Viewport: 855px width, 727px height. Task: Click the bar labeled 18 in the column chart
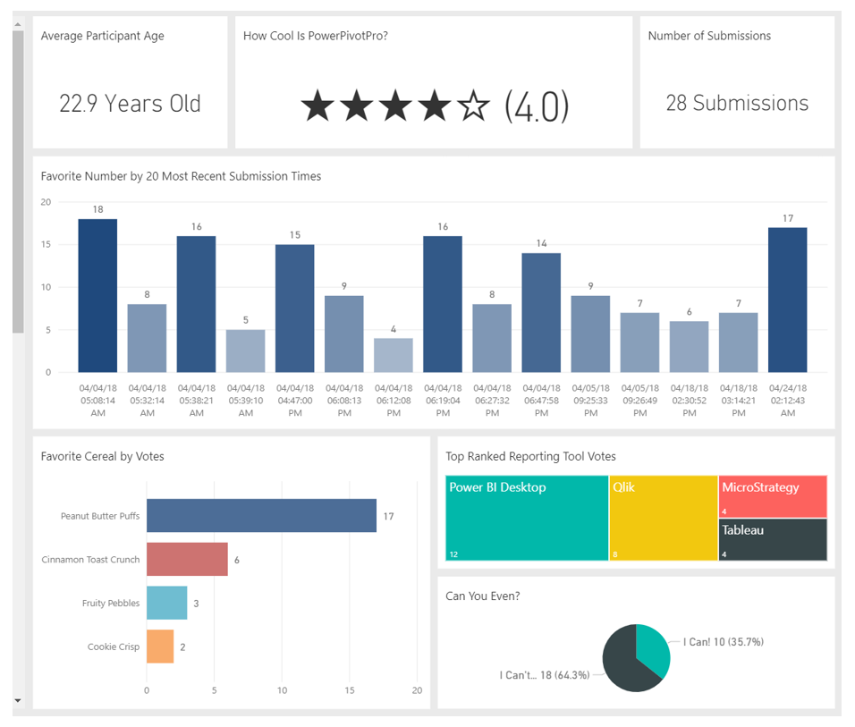tap(97, 295)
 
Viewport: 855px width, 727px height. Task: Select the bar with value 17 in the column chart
tap(787, 300)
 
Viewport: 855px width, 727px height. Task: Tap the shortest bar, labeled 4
tap(394, 355)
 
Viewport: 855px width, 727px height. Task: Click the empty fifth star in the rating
tap(474, 106)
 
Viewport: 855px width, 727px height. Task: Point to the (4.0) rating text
tap(537, 106)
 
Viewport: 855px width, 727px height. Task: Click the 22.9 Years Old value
tap(130, 104)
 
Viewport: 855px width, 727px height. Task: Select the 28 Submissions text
tap(737, 104)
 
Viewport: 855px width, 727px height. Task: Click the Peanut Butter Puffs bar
tap(261, 516)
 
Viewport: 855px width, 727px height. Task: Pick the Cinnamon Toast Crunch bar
tap(187, 560)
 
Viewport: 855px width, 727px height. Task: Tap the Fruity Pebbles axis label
tap(111, 604)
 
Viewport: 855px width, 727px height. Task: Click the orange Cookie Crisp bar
tap(160, 647)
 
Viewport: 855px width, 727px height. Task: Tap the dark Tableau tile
tap(773, 540)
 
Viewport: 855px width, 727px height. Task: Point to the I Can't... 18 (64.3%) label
tap(545, 675)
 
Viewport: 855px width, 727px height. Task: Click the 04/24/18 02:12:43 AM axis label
tap(787, 401)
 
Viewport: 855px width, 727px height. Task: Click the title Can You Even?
tap(484, 596)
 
